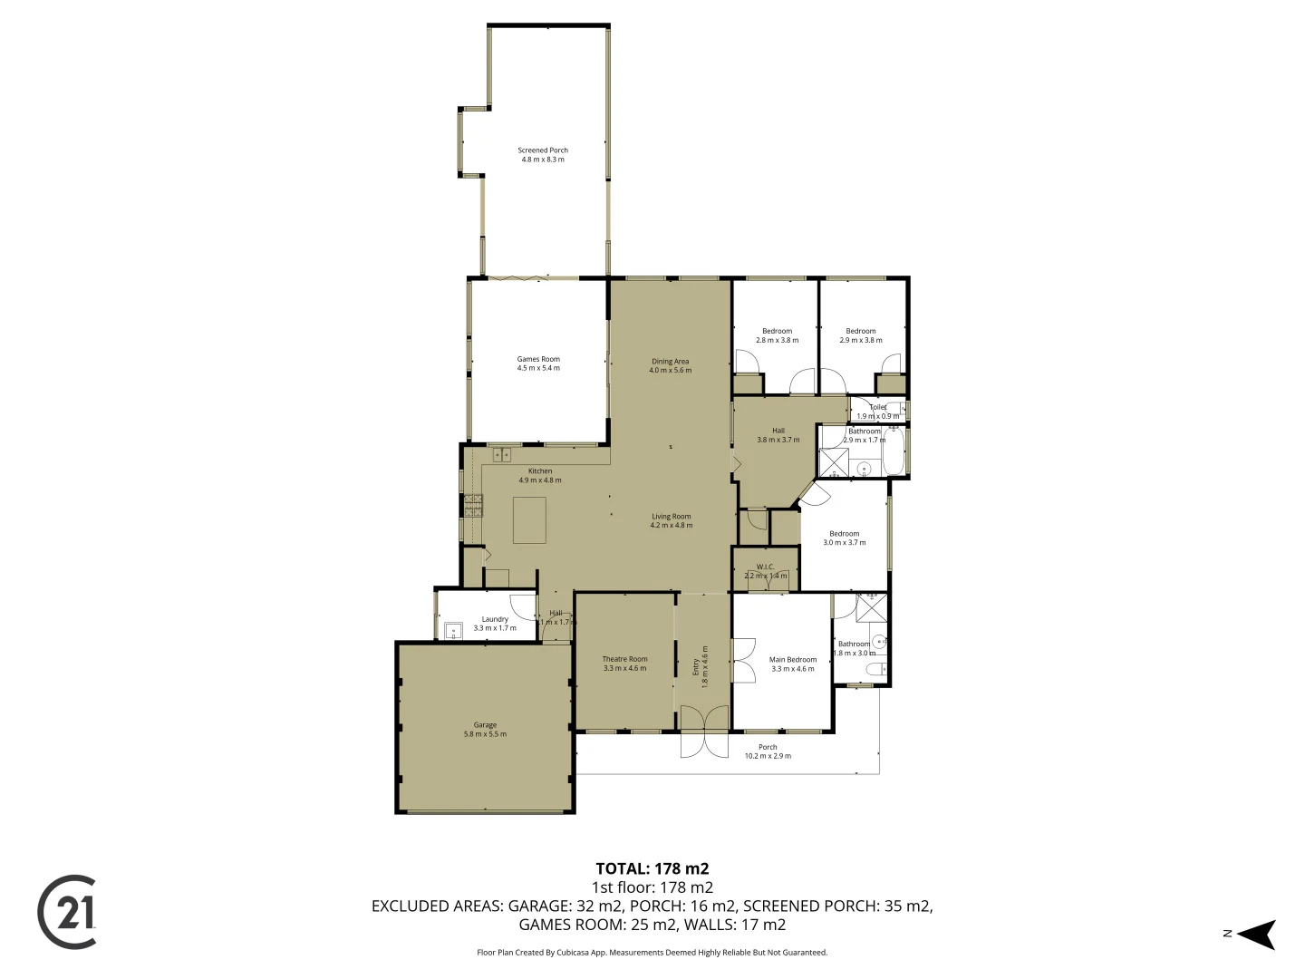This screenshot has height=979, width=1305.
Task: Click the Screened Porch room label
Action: [543, 155]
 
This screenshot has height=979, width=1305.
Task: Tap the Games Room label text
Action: [538, 363]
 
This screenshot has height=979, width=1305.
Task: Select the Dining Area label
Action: [670, 365]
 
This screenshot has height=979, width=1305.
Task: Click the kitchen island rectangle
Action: [530, 519]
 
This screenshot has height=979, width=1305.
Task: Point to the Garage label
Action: [485, 729]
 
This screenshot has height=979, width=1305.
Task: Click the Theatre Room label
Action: [624, 664]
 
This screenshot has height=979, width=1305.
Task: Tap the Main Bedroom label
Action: [793, 664]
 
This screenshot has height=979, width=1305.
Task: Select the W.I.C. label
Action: [766, 571]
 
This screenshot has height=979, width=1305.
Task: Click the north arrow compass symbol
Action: [1256, 934]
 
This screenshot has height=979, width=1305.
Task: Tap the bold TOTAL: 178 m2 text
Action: [652, 868]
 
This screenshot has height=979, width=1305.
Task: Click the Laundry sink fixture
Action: [454, 629]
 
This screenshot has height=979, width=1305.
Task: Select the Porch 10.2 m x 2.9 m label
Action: [768, 751]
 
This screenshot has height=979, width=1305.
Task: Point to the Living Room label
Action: [671, 520]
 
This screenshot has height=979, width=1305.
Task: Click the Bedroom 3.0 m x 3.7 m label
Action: [844, 538]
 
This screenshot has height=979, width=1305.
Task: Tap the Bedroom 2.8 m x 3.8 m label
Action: [777, 335]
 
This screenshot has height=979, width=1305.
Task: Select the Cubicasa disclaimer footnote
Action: [652, 953]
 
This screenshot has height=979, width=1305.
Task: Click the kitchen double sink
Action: [502, 454]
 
